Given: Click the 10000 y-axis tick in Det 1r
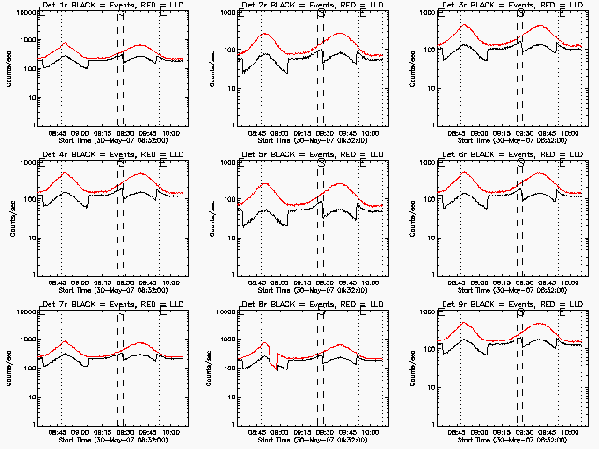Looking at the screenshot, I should pyautogui.click(x=24, y=12).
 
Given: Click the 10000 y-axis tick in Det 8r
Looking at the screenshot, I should pyautogui.click(x=224, y=311).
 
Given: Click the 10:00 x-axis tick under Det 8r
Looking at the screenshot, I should pyautogui.click(x=371, y=432).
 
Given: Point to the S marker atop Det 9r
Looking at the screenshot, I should pyautogui.click(x=520, y=313).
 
